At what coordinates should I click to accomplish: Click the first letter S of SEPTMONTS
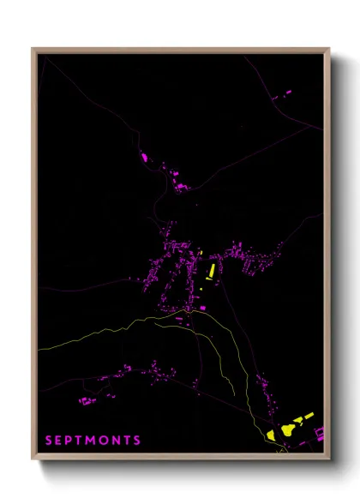[x=49, y=441]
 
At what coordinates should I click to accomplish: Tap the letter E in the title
[x=60, y=441]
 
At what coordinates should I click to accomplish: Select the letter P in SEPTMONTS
[x=71, y=441]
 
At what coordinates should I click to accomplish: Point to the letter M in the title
[x=93, y=441]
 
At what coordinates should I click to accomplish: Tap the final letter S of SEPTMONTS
[x=138, y=441]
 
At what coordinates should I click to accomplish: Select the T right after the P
[x=81, y=441]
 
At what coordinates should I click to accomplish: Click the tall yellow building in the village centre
[x=210, y=272]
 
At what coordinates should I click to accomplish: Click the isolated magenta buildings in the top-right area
[x=285, y=93]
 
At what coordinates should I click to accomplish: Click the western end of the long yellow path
[x=39, y=350]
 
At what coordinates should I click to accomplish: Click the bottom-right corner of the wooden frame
[x=330, y=460]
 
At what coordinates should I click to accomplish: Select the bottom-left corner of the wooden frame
[x=33, y=460]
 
